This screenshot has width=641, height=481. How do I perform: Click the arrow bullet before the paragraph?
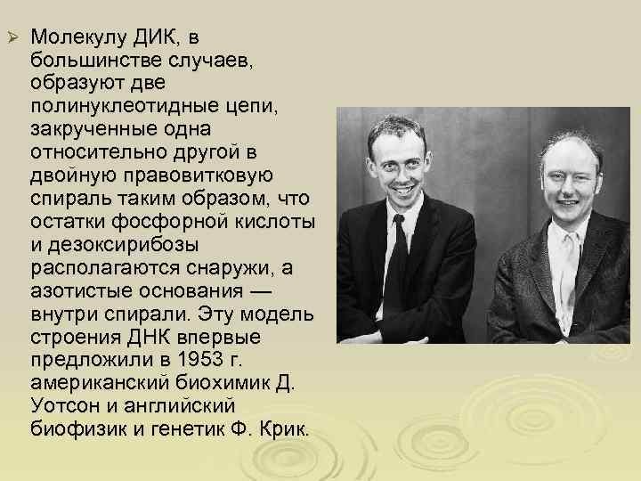point(12,38)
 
